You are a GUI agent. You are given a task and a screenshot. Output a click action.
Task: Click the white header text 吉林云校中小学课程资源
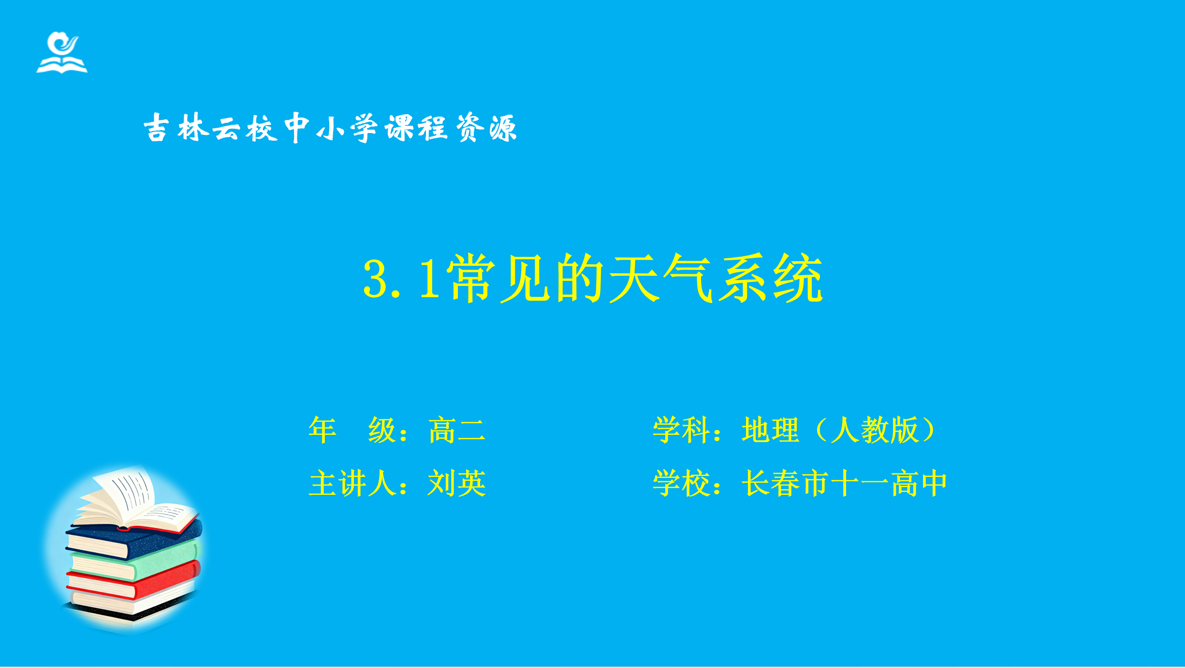[331, 128]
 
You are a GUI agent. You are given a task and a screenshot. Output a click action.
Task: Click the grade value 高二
[457, 430]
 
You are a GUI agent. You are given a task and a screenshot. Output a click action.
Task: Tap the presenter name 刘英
[457, 483]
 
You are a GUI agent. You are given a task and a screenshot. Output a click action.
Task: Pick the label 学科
[682, 430]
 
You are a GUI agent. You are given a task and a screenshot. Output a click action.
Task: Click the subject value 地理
[770, 430]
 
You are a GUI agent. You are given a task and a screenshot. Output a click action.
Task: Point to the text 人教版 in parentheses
[874, 430]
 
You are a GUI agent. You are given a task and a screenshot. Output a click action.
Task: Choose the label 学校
[682, 483]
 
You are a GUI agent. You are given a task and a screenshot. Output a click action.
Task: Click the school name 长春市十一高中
[844, 483]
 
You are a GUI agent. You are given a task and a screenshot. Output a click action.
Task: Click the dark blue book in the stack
[133, 540]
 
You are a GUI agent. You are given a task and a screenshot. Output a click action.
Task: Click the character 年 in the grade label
[322, 430]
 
